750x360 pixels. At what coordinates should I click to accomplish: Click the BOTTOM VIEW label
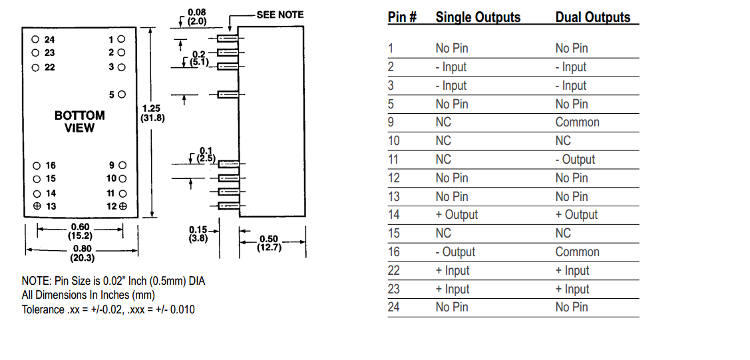click(80, 120)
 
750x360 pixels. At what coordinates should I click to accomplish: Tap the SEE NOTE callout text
click(280, 15)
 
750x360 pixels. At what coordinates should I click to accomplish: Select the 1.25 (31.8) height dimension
click(152, 112)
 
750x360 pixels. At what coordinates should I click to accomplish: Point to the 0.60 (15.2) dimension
click(80, 231)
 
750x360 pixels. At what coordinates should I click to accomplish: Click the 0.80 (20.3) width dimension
click(80, 254)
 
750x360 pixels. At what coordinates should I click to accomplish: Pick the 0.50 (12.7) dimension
click(270, 243)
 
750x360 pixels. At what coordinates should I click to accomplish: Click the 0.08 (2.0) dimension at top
click(197, 17)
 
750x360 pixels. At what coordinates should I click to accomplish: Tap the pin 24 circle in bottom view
click(36, 39)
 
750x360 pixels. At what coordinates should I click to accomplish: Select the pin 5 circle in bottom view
click(122, 95)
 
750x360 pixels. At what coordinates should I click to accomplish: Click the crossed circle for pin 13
click(37, 206)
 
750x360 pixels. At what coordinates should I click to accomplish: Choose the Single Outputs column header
click(478, 17)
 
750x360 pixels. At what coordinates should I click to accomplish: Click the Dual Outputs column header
click(593, 17)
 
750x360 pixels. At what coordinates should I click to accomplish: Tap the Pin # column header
click(402, 17)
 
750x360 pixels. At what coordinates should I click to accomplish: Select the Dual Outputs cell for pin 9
click(578, 122)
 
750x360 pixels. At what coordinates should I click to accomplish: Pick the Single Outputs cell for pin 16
click(455, 252)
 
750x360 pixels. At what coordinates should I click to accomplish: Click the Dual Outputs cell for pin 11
click(576, 160)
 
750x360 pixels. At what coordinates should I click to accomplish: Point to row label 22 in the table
click(395, 271)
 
